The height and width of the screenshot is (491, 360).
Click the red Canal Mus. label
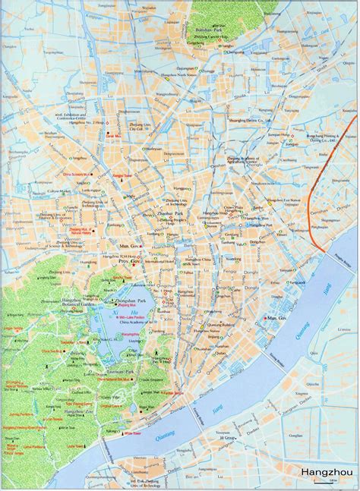[x=113, y=134]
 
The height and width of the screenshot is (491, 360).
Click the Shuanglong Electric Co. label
[x=248, y=119]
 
